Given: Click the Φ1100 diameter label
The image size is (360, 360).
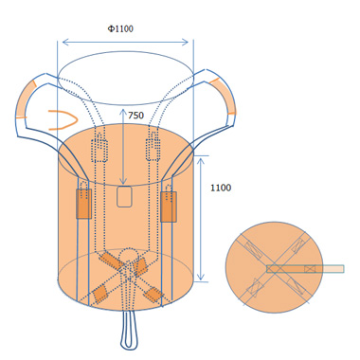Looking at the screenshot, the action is tap(120, 28).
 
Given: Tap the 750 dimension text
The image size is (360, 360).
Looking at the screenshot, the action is tap(135, 116).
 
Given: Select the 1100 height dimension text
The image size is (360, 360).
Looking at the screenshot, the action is tap(221, 188).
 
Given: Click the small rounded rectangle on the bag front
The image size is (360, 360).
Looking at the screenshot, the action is tap(124, 196).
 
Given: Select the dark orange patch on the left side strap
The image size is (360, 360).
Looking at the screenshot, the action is tap(83, 204).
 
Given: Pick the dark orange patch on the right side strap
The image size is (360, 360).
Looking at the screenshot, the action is tap(169, 207).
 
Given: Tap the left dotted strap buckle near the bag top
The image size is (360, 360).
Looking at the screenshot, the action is tap(99, 149).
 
